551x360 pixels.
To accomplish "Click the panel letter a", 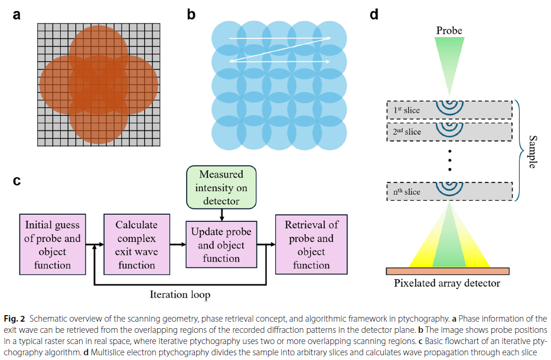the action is click(17, 15).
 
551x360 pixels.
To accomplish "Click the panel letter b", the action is click(191, 14).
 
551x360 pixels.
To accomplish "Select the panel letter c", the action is click(17, 181).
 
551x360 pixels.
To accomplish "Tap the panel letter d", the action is click(374, 14).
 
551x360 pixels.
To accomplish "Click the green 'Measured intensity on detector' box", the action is click(221, 187).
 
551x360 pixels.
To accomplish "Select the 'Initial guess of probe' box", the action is click(53, 244).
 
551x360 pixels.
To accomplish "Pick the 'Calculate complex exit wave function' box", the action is click(136, 244).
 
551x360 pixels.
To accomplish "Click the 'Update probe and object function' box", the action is click(221, 244).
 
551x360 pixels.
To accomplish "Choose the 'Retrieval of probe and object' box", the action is click(311, 244).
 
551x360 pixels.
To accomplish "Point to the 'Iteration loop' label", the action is click(180, 294).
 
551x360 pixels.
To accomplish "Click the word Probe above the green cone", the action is click(449, 31).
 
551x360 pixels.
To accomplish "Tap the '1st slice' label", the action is click(406, 110).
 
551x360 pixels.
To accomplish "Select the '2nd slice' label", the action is click(407, 132).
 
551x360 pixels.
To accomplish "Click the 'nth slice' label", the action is click(406, 191).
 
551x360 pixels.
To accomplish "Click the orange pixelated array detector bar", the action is click(448, 271).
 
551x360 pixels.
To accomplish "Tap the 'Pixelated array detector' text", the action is click(447, 283).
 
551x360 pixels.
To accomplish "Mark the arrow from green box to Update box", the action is click(221, 215).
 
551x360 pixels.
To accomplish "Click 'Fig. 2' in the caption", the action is click(14, 319).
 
